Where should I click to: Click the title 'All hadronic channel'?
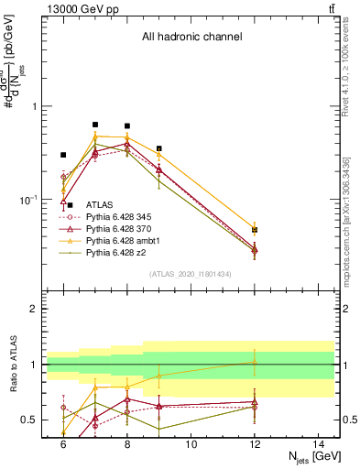tap(191, 38)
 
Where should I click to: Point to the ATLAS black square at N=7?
tap(95, 125)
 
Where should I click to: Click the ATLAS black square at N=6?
tap(63, 155)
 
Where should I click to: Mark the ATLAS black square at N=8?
tap(127, 125)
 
